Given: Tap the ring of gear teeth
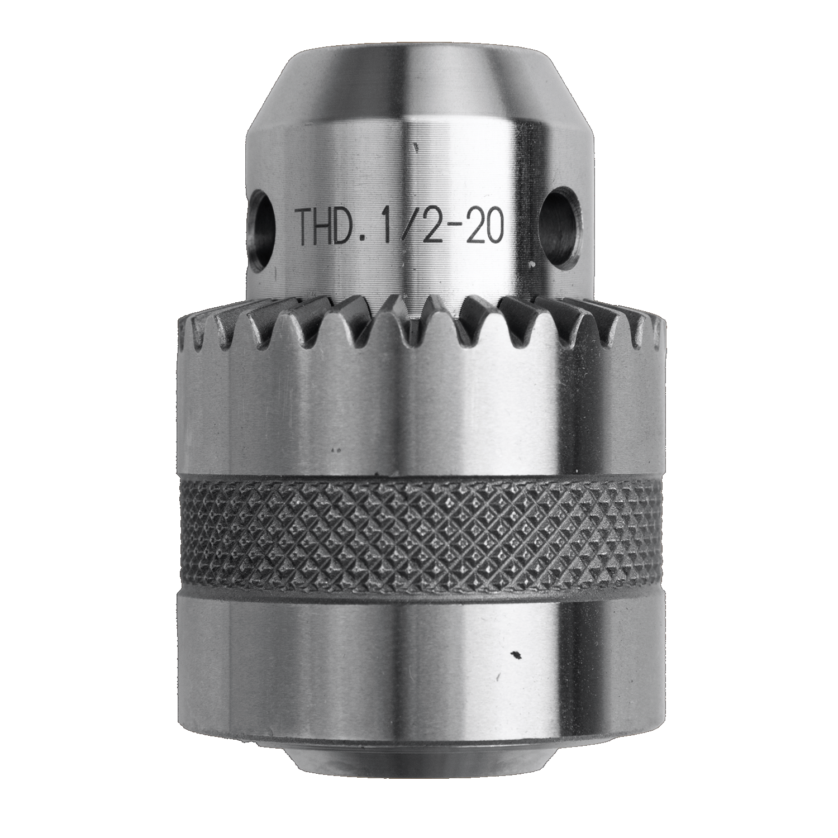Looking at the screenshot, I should tap(419, 324).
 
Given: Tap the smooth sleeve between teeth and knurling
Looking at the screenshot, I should tap(419, 413).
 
